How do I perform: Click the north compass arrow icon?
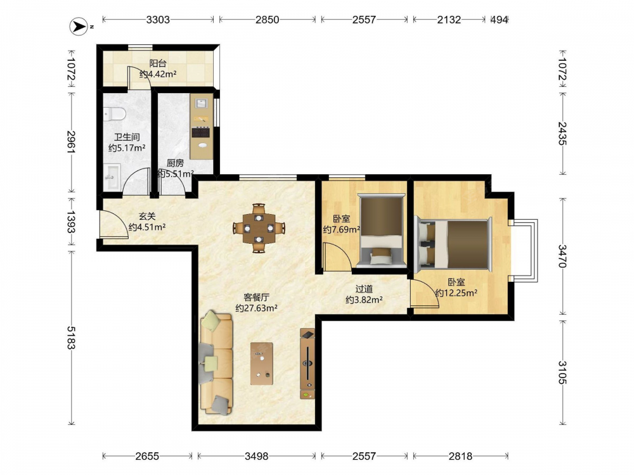79,27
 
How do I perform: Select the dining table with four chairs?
259,228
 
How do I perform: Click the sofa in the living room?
216,362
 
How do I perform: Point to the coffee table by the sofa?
261,364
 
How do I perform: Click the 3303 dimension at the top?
158,20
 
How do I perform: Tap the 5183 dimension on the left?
71,338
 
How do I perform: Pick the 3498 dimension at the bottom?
256,456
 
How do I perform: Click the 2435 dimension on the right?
562,133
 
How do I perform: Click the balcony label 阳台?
158,63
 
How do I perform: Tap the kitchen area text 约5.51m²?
176,174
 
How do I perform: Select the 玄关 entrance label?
147,217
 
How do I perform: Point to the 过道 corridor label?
364,289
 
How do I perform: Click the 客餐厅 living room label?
256,297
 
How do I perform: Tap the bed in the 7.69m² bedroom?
382,231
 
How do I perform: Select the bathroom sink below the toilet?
112,177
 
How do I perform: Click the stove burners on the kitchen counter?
201,132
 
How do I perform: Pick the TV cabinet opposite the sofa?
307,364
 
